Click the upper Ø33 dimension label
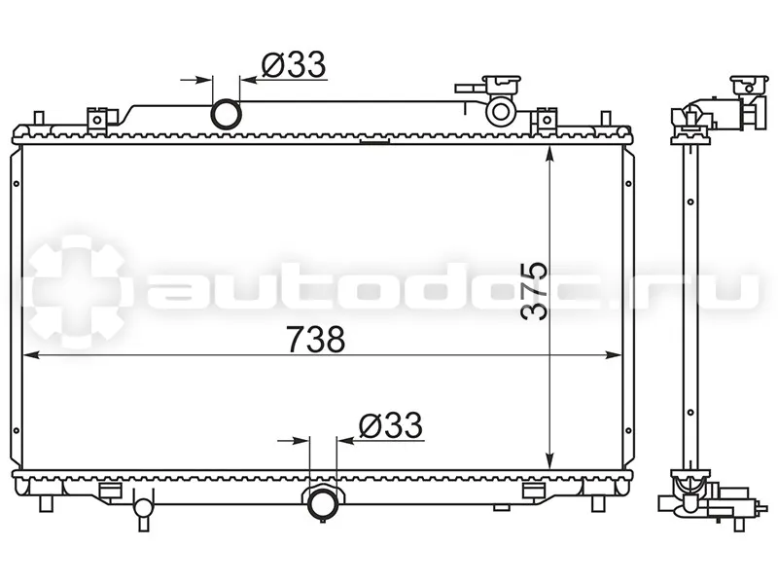[294, 64]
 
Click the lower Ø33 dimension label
[391, 425]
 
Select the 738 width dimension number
[316, 339]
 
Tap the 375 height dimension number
[534, 290]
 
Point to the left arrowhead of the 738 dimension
[31, 354]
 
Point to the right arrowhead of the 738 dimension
[613, 354]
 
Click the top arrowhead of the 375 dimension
[549, 155]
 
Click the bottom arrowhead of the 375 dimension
[549, 460]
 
